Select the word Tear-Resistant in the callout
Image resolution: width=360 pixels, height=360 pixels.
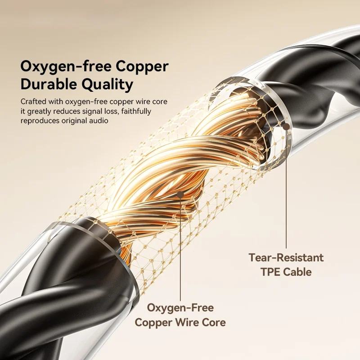pyautogui.click(x=286, y=258)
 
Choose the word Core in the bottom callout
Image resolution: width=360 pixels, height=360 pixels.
pyautogui.click(x=214, y=322)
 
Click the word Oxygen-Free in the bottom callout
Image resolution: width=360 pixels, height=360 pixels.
pyautogui.click(x=180, y=308)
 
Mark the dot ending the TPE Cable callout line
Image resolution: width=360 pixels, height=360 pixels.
pyautogui.click(x=286, y=127)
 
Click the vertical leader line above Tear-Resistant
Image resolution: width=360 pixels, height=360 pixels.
pyautogui.click(x=286, y=189)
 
